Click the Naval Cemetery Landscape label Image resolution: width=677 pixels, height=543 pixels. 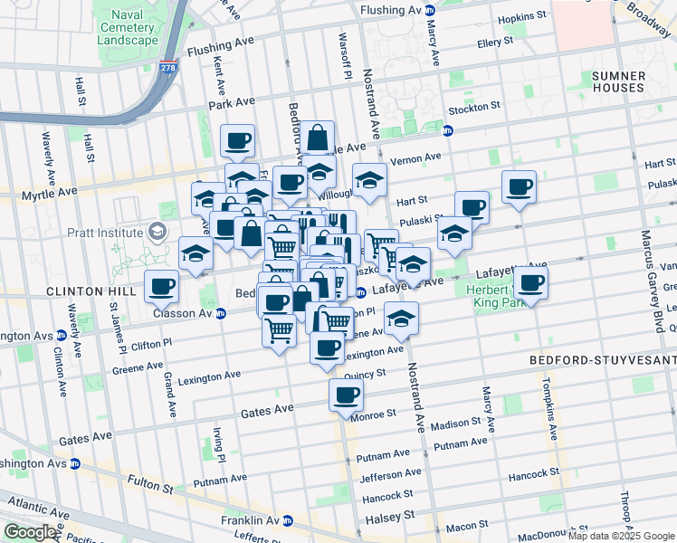(x=127, y=27)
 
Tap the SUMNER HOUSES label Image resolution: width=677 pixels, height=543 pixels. (x=618, y=81)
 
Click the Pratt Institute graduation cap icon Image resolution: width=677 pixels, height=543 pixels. (x=158, y=233)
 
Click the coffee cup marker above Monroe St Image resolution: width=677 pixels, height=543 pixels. (x=345, y=395)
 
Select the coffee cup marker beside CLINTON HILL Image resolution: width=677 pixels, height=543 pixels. (x=162, y=287)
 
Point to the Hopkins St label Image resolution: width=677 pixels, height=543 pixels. (x=525, y=16)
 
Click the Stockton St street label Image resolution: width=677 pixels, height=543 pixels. (x=476, y=107)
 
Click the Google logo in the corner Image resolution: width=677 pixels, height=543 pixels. (x=30, y=532)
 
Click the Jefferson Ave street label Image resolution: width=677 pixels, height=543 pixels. (x=390, y=473)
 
